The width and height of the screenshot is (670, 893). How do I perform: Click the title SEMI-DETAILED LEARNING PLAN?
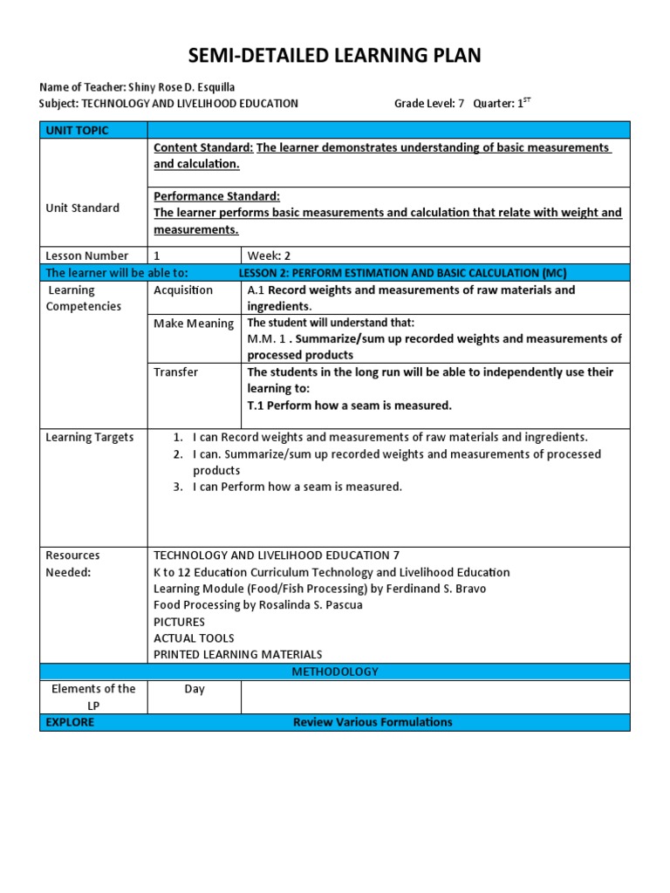click(x=335, y=57)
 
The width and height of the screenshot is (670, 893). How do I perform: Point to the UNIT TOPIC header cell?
click(x=78, y=131)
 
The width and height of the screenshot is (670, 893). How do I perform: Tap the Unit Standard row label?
click(x=82, y=208)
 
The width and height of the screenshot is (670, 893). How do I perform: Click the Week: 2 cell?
click(x=270, y=256)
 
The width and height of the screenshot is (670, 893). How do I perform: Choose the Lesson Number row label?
click(x=86, y=256)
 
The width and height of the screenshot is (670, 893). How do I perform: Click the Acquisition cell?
click(x=183, y=290)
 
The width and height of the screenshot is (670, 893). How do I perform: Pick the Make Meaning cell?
click(x=194, y=324)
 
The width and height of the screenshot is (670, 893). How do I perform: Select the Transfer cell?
click(x=175, y=372)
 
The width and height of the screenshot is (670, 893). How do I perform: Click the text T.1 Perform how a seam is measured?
click(x=349, y=405)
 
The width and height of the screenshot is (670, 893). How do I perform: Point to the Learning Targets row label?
click(x=89, y=437)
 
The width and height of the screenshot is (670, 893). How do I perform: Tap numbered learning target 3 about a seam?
click(x=297, y=487)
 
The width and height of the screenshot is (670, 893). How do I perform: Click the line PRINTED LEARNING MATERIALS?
click(x=237, y=654)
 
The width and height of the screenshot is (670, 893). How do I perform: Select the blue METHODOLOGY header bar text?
click(x=335, y=671)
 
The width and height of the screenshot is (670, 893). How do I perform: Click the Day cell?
click(x=195, y=689)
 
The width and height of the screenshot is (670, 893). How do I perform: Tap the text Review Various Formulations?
click(x=373, y=722)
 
